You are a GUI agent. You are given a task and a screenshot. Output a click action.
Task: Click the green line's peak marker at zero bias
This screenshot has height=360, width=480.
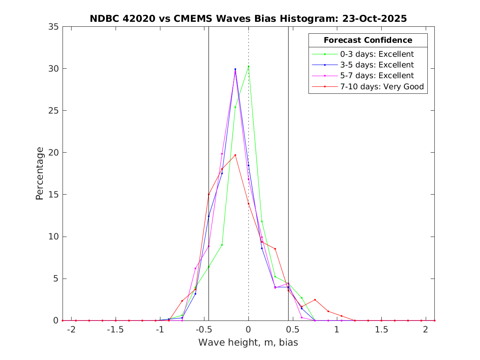(x=248, y=67)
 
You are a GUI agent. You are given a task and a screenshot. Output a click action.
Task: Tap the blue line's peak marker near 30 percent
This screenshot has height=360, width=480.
(x=235, y=69)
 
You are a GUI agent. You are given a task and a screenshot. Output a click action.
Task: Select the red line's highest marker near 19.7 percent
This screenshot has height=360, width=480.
(x=235, y=155)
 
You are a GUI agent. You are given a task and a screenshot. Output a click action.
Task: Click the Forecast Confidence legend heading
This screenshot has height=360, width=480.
(x=368, y=40)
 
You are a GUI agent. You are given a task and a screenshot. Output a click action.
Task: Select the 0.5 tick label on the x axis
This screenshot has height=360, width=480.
(x=292, y=330)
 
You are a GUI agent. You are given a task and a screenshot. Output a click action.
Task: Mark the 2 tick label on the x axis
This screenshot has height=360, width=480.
(x=426, y=330)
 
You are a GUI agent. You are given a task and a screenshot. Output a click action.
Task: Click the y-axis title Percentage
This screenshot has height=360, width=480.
(x=39, y=173)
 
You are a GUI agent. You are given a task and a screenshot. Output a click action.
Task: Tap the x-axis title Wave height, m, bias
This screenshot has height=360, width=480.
(x=248, y=343)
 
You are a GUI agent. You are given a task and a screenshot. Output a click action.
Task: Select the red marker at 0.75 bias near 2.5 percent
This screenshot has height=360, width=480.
(x=315, y=300)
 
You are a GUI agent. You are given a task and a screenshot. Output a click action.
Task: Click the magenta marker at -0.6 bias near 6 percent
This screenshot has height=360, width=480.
(x=195, y=268)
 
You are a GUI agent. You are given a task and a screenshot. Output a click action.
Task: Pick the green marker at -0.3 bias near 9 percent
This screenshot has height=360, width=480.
(x=222, y=245)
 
